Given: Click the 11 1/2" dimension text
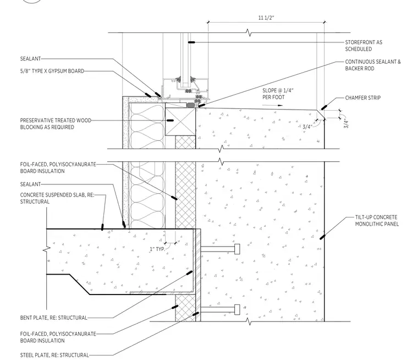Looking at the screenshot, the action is coord(266,18).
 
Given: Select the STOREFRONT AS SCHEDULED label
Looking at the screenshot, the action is coord(364,46).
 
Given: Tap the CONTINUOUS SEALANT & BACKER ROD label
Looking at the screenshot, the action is coord(373,65).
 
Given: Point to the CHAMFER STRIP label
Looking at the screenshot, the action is coord(363,97).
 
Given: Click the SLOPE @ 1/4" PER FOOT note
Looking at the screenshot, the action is coord(278,94).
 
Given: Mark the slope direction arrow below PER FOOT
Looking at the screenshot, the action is coord(272,105).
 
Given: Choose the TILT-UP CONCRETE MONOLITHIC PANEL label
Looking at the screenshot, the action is coord(377,221).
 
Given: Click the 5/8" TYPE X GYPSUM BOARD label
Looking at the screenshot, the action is coord(52,71).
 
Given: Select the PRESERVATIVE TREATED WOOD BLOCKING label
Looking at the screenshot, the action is coord(56,123).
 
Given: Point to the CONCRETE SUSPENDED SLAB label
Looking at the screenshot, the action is coord(57,198).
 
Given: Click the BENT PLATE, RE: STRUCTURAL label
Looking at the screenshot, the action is coord(53,318).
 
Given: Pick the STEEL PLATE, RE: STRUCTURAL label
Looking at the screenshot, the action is coord(54,355).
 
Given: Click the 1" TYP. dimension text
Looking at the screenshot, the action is coord(157,249).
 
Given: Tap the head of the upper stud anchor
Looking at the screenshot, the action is coord(237,249).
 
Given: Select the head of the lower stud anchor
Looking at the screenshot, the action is coord(237,309).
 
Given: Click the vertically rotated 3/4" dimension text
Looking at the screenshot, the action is coord(346,124).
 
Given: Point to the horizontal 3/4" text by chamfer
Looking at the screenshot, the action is coord(307,127).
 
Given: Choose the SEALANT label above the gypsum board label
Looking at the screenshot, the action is coord(30,59).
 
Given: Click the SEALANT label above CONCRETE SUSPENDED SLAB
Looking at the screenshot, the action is coord(30,184).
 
